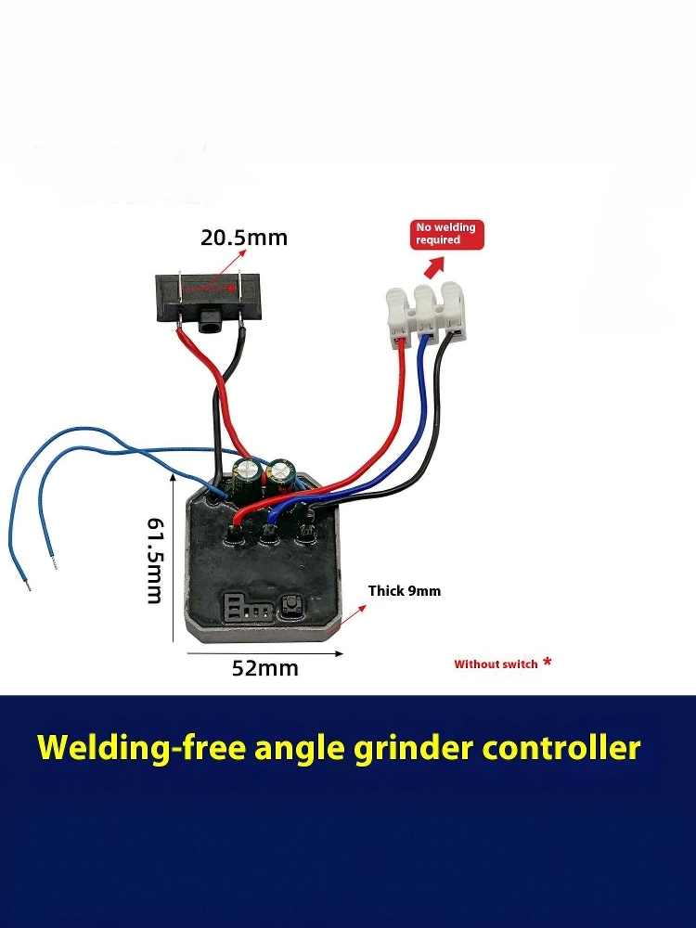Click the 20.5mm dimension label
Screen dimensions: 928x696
coord(244,238)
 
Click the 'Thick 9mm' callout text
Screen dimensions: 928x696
coord(405,590)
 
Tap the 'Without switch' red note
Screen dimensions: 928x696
coord(496,664)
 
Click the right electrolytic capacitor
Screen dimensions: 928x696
coord(279,478)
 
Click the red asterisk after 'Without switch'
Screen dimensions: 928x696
coord(548,662)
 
